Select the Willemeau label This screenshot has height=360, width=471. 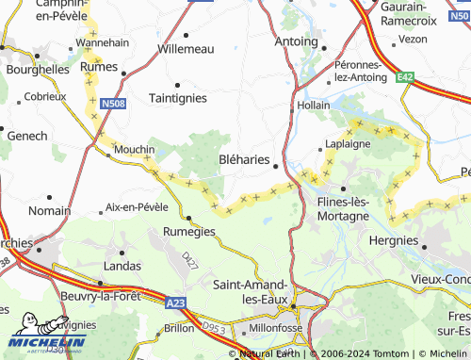tap(186, 48)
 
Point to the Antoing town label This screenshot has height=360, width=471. tap(296, 41)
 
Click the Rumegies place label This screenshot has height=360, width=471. tap(189, 231)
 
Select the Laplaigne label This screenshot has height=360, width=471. tap(348, 144)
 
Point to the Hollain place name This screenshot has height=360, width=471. tap(314, 106)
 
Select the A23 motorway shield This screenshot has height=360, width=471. tap(174, 303)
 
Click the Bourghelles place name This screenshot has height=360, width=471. tap(38, 70)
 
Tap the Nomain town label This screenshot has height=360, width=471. tap(49, 210)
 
